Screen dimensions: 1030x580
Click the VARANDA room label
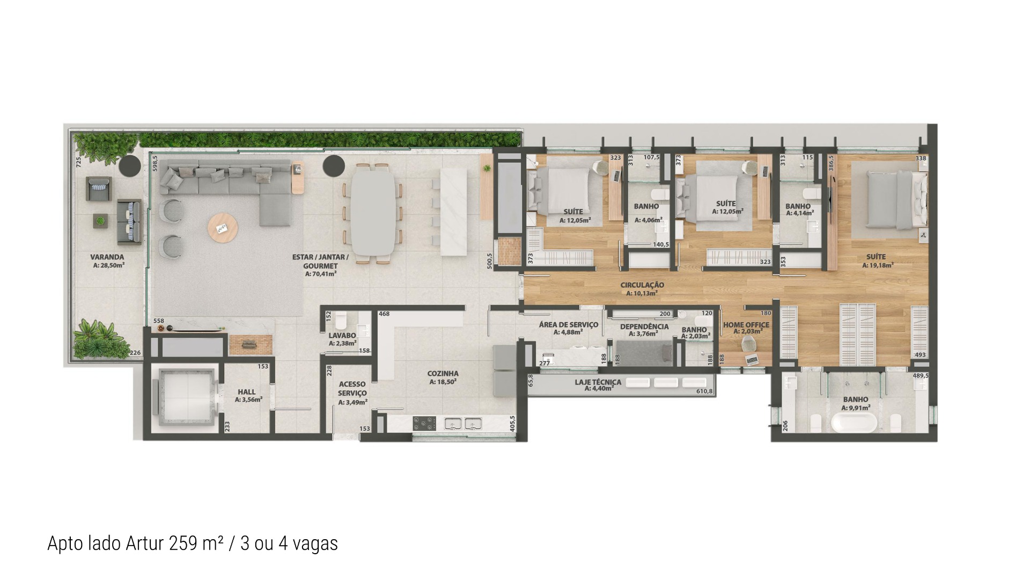(x=107, y=257)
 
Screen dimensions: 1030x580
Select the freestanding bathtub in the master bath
(x=854, y=423)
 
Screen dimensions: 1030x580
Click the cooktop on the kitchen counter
(x=424, y=424)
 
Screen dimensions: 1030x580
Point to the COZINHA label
(x=443, y=374)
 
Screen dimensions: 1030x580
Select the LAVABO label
(x=342, y=336)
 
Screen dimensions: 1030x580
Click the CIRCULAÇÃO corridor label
(x=642, y=285)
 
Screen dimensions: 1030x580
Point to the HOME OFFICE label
(x=746, y=325)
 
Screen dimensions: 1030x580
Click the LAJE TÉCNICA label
(x=598, y=382)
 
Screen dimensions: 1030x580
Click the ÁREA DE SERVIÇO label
(x=568, y=324)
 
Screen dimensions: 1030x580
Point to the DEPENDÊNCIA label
(x=644, y=327)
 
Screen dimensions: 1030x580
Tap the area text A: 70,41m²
(x=320, y=274)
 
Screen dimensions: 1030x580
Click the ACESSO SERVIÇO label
(x=352, y=389)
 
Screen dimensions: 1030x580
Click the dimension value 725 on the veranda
(x=79, y=163)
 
